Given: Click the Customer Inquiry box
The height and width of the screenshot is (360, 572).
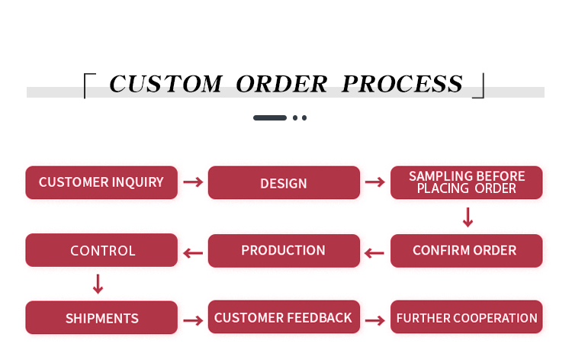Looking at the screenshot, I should click(x=101, y=182).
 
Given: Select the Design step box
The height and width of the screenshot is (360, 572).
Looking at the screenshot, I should click(x=284, y=183).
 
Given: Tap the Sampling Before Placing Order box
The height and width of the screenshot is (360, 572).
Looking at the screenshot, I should click(x=467, y=182).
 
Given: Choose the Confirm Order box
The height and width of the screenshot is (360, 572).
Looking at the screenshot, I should click(x=467, y=250).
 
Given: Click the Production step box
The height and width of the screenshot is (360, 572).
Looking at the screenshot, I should click(x=284, y=250).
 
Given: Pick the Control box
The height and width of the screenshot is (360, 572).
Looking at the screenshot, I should click(x=101, y=250).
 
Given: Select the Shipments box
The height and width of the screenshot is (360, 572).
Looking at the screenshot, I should click(x=101, y=318).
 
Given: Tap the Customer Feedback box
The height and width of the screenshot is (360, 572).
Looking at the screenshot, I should click(x=284, y=317).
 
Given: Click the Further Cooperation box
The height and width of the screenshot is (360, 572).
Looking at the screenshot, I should click(x=467, y=317).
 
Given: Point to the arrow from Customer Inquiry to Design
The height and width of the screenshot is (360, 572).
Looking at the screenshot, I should click(x=193, y=182).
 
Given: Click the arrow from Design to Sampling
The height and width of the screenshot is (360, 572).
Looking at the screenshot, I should click(x=374, y=182).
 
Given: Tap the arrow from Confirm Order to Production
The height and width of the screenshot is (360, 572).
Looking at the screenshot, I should click(x=374, y=252).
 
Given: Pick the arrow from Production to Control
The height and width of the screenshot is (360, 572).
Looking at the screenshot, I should click(x=193, y=252).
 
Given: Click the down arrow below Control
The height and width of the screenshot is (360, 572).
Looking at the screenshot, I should click(x=98, y=284).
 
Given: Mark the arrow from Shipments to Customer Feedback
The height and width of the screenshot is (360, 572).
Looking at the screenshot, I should click(x=193, y=320).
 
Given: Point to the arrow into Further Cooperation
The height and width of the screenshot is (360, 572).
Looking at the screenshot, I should click(x=374, y=320).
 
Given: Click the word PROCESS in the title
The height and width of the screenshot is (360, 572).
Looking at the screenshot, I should click(x=402, y=84).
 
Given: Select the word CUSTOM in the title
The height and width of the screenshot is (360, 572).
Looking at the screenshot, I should click(x=165, y=84).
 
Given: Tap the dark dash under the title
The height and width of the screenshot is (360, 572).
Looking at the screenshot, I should click(x=270, y=118).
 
